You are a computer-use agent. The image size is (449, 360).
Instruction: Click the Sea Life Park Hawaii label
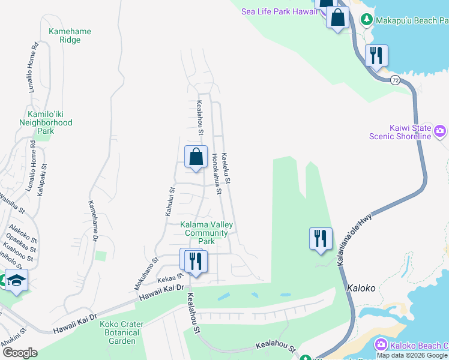coord(279,11)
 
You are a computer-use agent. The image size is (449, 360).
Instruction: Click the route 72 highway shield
coord(395,80)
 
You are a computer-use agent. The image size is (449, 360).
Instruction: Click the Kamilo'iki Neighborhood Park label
coord(50,122)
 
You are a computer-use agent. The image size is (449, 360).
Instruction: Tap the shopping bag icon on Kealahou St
coord(196,158)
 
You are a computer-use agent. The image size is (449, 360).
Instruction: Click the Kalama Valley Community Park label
coord(206,233)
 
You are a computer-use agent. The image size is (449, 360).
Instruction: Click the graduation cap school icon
coord(17,280)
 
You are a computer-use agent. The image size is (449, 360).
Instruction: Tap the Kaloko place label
coord(361,288)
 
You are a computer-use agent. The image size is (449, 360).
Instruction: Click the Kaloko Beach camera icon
coord(381,344)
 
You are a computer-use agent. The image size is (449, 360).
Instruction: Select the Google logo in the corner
coord(19,353)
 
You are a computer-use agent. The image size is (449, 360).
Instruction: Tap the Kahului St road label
coord(170,201)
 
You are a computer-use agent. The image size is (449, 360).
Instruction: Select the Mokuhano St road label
coord(146,269)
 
